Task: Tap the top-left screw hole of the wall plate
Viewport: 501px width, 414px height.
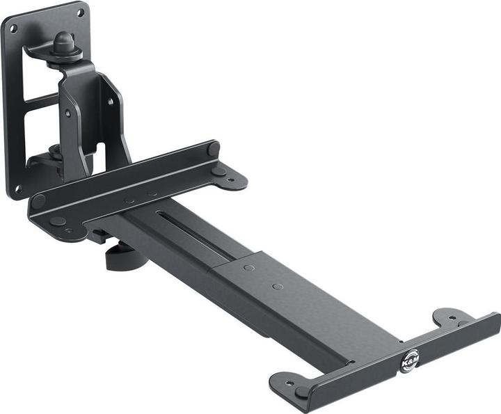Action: [13, 29]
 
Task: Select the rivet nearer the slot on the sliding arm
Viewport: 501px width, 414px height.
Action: [248, 267]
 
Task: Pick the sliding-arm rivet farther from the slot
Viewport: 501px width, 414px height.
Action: [278, 286]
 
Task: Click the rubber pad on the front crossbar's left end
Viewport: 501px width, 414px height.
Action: [301, 392]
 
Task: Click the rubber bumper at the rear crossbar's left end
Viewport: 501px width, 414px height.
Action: [39, 202]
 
